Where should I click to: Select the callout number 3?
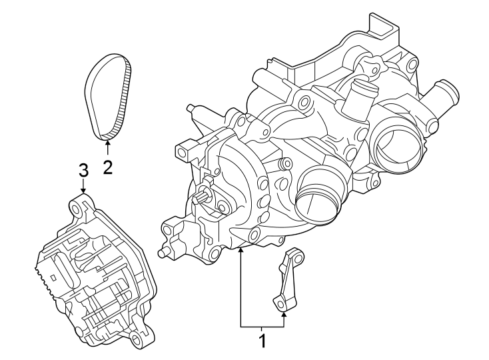(x=83, y=169)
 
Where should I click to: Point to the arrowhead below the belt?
(x=107, y=143)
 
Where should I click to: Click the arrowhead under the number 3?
(x=83, y=191)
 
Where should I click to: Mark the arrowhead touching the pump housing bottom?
(x=241, y=251)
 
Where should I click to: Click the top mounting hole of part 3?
(x=81, y=208)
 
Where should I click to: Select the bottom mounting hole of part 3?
(x=138, y=342)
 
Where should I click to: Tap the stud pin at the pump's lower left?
(x=162, y=253)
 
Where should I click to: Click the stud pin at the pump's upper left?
(x=191, y=108)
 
